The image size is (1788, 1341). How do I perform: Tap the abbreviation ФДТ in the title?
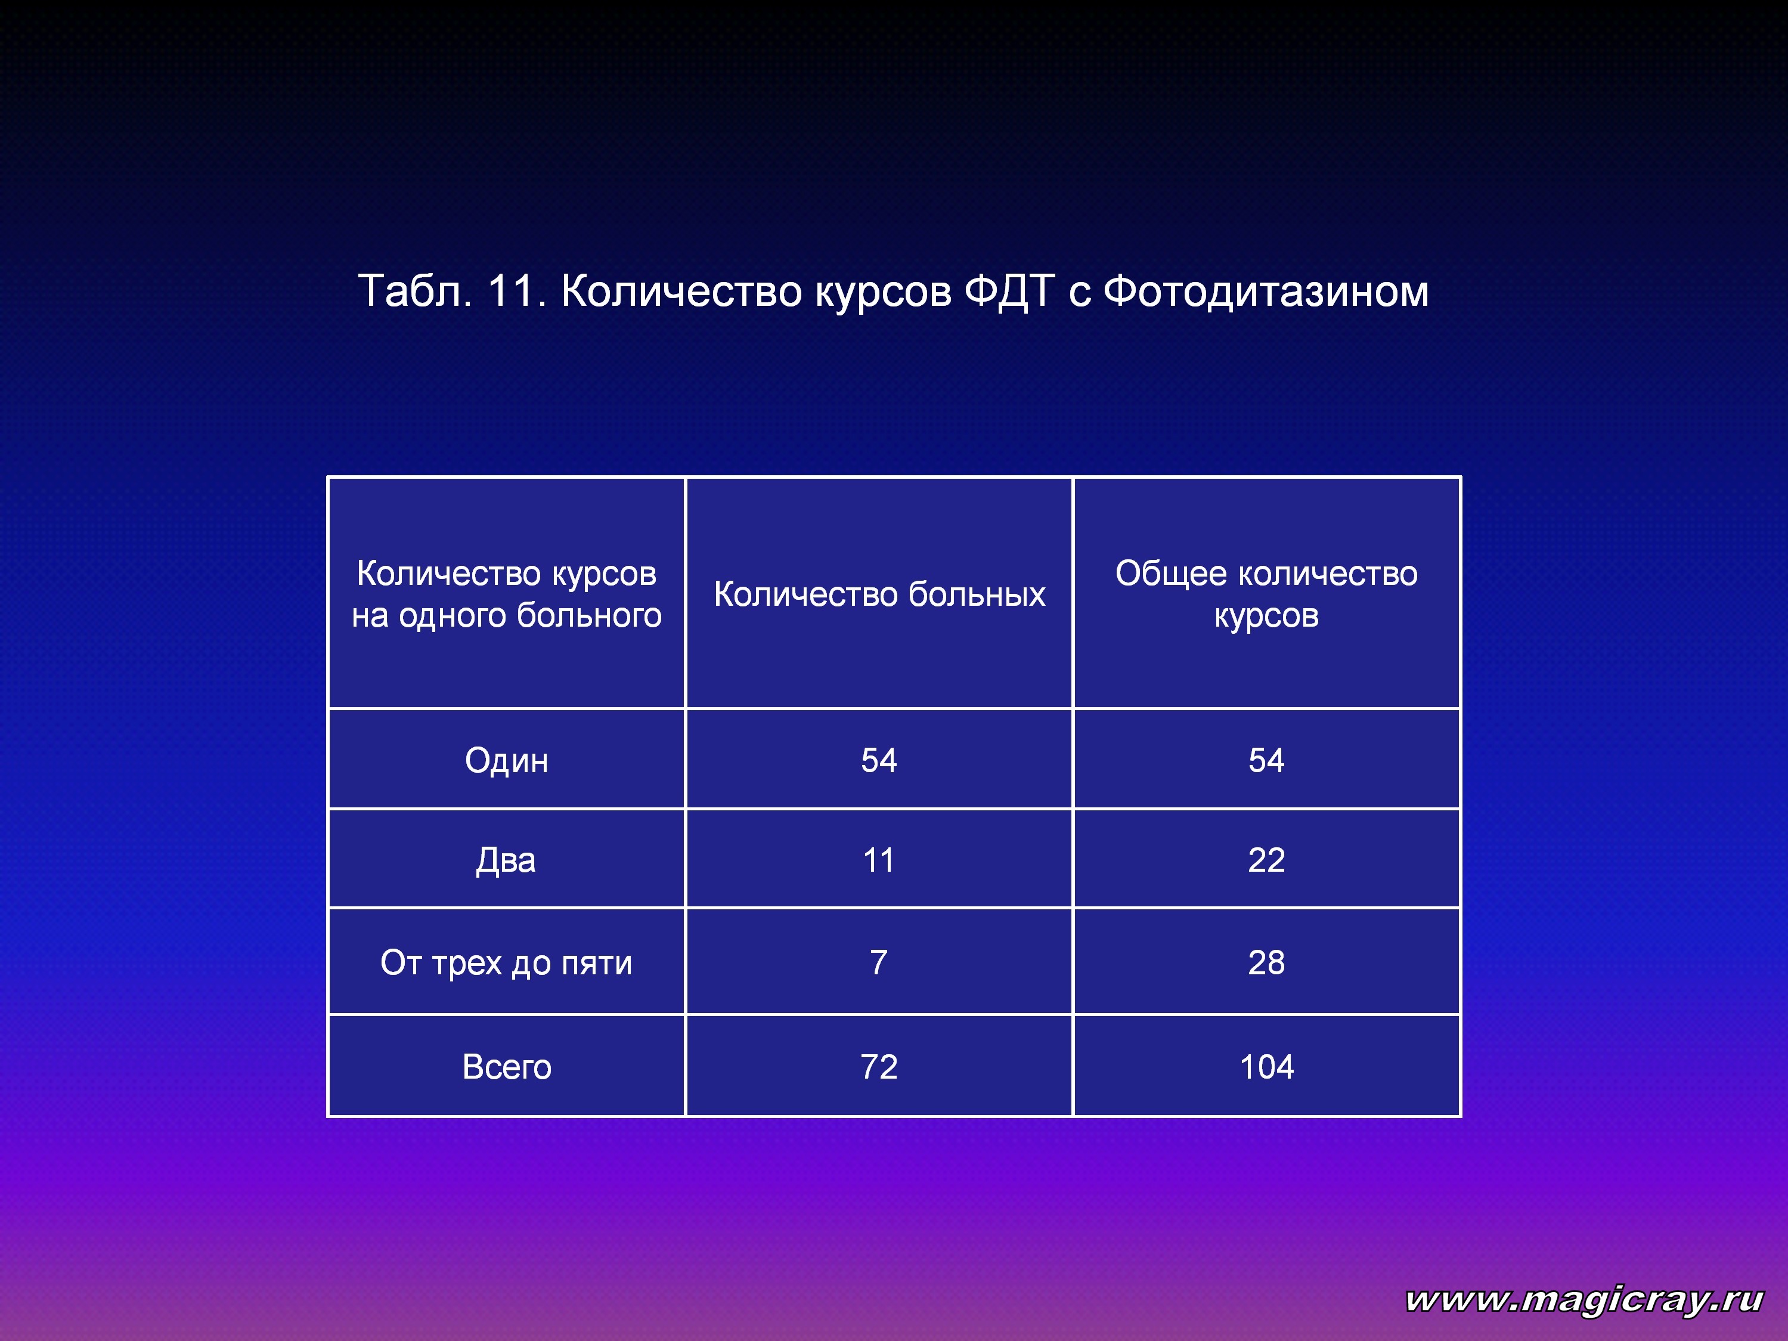pyautogui.click(x=1009, y=292)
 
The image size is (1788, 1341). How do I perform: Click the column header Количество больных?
pyautogui.click(x=879, y=594)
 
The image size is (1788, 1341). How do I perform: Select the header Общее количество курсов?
pyautogui.click(x=1267, y=594)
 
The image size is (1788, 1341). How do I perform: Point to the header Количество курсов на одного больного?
pyautogui.click(x=507, y=594)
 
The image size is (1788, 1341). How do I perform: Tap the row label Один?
pyautogui.click(x=507, y=761)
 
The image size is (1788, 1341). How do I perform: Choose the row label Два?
pyautogui.click(x=506, y=860)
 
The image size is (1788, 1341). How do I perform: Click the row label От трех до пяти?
pyautogui.click(x=507, y=963)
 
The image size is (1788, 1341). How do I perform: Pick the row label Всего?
pyautogui.click(x=507, y=1067)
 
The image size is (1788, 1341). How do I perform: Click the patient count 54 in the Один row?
pyautogui.click(x=879, y=761)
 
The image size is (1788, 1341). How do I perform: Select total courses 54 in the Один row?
pyautogui.click(x=1267, y=761)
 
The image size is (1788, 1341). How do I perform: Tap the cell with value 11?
pyautogui.click(x=879, y=860)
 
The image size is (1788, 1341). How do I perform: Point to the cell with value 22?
pyautogui.click(x=1267, y=860)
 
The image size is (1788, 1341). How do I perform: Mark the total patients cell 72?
pyautogui.click(x=879, y=1067)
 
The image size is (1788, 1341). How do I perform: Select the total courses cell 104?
pyautogui.click(x=1267, y=1067)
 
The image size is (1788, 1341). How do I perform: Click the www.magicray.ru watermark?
pyautogui.click(x=1584, y=1300)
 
